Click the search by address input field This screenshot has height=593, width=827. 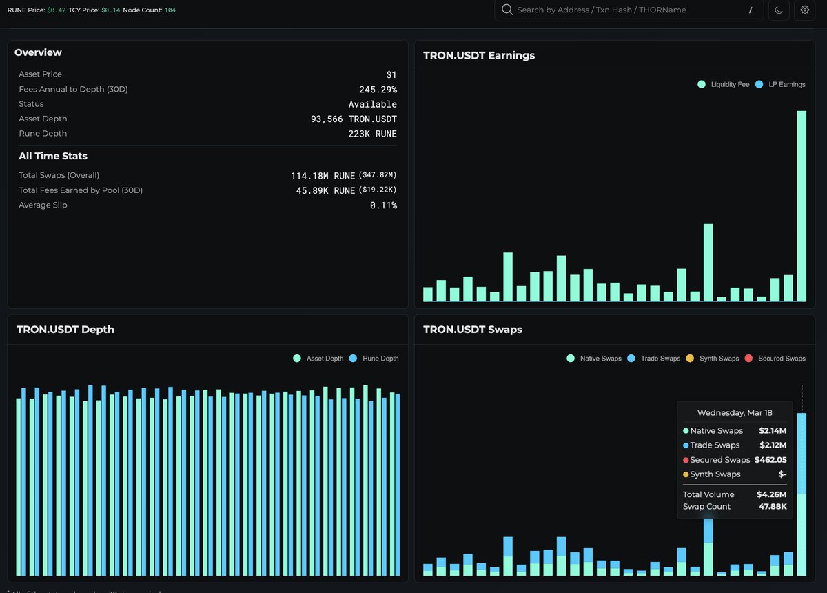pyautogui.click(x=627, y=10)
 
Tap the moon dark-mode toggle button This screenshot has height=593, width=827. pyautogui.click(x=779, y=10)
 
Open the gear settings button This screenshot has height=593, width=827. pyautogui.click(x=804, y=10)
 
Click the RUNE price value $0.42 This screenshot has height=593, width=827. pyautogui.click(x=57, y=10)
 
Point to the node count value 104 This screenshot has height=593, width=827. pyautogui.click(x=170, y=10)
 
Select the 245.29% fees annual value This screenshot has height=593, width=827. pyautogui.click(x=378, y=90)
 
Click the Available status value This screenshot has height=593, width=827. pyautogui.click(x=372, y=104)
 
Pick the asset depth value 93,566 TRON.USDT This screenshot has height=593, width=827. pyautogui.click(x=354, y=119)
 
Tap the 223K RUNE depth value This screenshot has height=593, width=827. pyautogui.click(x=372, y=134)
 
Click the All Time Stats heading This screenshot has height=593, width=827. pyautogui.click(x=53, y=156)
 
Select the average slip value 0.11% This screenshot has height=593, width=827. pyautogui.click(x=383, y=205)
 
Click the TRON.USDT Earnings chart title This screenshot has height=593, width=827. pyautogui.click(x=479, y=56)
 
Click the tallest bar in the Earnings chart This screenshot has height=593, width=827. pyautogui.click(x=802, y=207)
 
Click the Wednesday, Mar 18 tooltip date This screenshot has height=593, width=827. pyautogui.click(x=735, y=413)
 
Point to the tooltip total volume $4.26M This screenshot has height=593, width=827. pyautogui.click(x=771, y=494)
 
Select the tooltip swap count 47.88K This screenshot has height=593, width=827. pyautogui.click(x=770, y=507)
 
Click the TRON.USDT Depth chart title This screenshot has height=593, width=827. pyautogui.click(x=65, y=330)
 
